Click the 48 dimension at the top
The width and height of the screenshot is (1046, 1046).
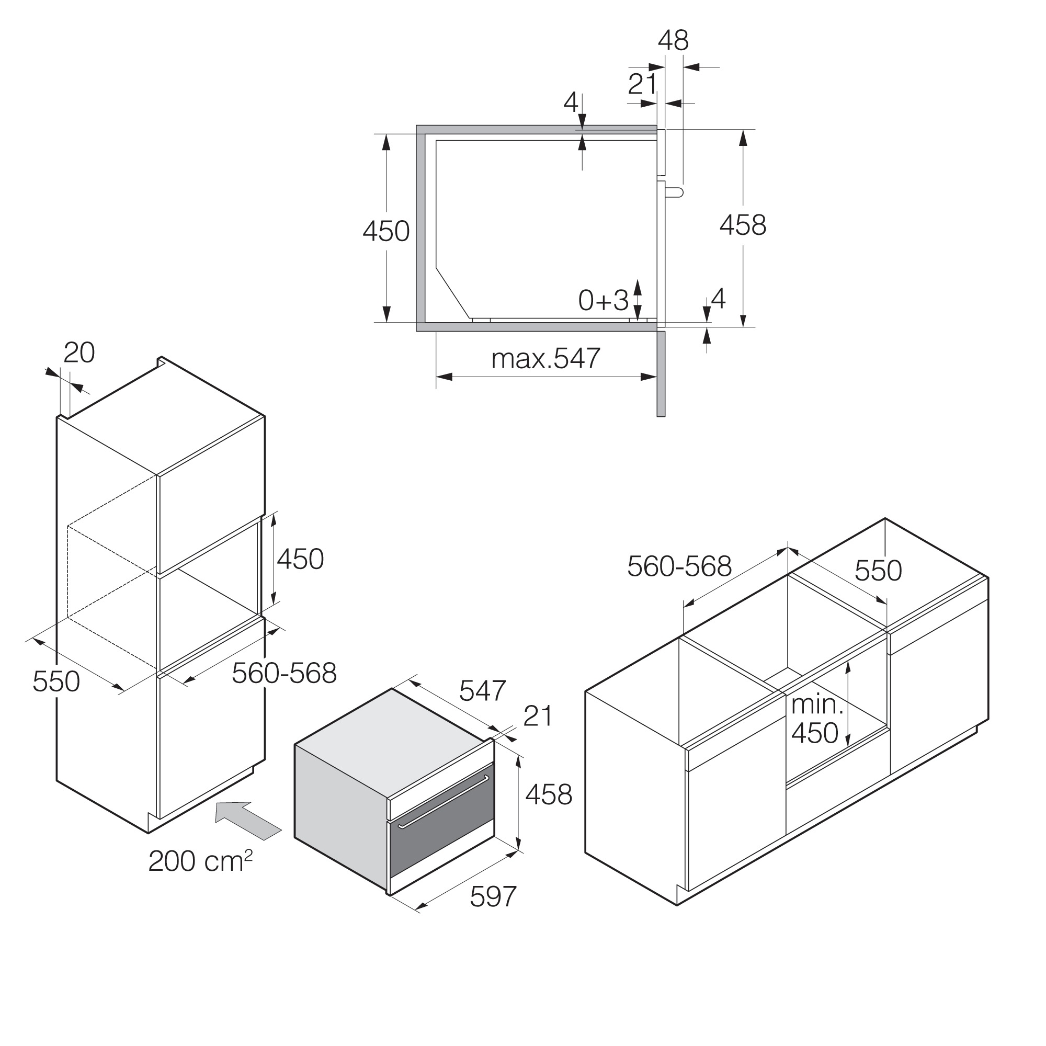point(673,41)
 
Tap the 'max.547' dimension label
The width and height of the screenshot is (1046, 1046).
point(545,358)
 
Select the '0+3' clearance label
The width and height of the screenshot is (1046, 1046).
point(603,300)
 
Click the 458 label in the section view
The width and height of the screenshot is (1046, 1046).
point(743,225)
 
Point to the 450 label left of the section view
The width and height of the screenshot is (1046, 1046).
point(386,231)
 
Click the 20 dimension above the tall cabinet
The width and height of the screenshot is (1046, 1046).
point(79,353)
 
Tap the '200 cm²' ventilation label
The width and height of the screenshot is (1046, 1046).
point(201,860)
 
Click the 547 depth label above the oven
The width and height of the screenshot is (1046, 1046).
point(482,691)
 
